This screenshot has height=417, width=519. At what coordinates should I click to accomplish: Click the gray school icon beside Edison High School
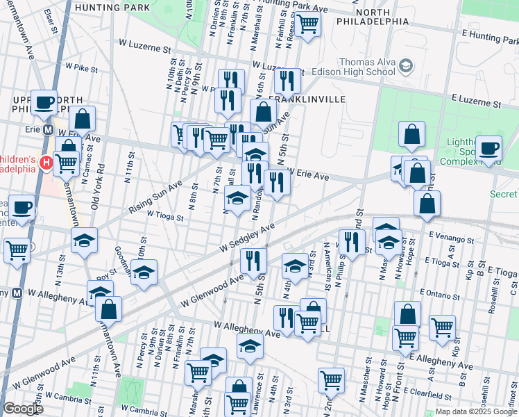pyautogui.click(x=405, y=67)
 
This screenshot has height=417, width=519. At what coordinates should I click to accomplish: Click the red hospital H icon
pyautogui.click(x=46, y=163)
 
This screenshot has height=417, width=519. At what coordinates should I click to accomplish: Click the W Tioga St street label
pyautogui.click(x=164, y=216)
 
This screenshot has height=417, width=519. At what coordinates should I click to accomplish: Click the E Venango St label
pyautogui.click(x=450, y=238)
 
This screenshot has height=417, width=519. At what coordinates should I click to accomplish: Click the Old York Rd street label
pyautogui.click(x=101, y=178)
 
